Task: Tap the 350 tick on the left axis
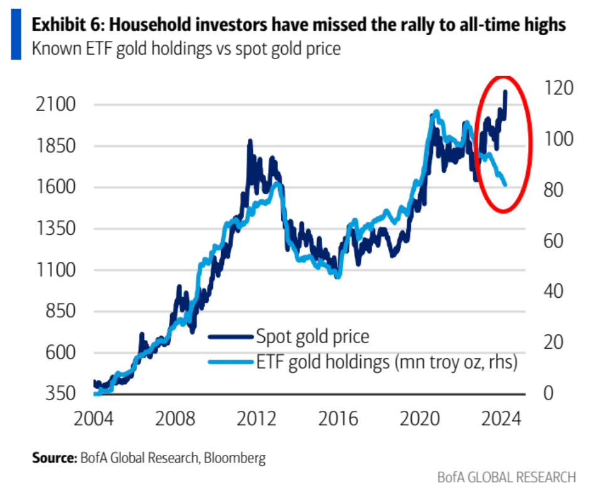pos(62,394)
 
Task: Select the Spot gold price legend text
pos(312,337)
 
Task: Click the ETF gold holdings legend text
pos(386,362)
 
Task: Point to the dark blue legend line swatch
pos(230,337)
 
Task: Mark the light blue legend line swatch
pos(230,362)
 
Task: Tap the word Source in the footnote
pos(53,457)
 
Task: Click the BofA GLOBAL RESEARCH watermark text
pos(506,477)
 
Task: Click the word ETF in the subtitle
pos(89,48)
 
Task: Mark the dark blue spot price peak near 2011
pos(250,142)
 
